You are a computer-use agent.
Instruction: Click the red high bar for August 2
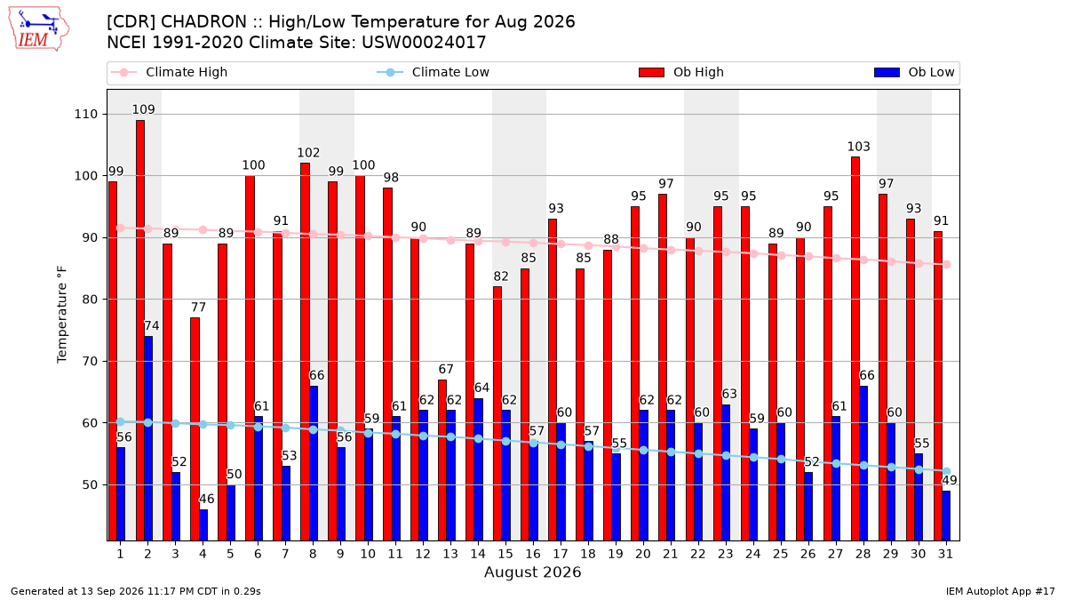pyautogui.click(x=140, y=331)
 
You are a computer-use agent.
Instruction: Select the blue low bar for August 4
pyautogui.click(x=203, y=525)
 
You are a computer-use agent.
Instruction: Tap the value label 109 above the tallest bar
pyautogui.click(x=143, y=109)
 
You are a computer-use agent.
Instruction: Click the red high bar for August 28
pyautogui.click(x=855, y=349)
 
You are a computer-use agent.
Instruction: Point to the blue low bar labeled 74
pyautogui.click(x=148, y=438)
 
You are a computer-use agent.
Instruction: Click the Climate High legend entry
pyautogui.click(x=170, y=72)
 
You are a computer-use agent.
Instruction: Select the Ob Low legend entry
pyautogui.click(x=914, y=72)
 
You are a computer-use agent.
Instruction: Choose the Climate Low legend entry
pyautogui.click(x=434, y=72)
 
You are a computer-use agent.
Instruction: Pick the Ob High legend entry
pyautogui.click(x=681, y=72)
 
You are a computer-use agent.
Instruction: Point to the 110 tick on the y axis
pyautogui.click(x=85, y=115)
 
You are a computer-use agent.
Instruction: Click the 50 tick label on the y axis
pyautogui.click(x=90, y=484)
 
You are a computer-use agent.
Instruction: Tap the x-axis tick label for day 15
pyautogui.click(x=505, y=554)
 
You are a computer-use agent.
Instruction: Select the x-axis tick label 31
pyautogui.click(x=945, y=554)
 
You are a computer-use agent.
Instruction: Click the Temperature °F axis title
pyautogui.click(x=62, y=315)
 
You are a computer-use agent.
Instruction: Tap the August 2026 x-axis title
pyautogui.click(x=532, y=572)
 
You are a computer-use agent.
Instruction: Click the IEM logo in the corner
pyautogui.click(x=38, y=29)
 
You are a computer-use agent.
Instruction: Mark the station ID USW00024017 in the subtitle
pyautogui.click(x=424, y=43)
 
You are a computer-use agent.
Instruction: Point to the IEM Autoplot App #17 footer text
pyautogui.click(x=1000, y=591)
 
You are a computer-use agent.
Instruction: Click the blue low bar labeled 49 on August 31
pyautogui.click(x=946, y=516)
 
